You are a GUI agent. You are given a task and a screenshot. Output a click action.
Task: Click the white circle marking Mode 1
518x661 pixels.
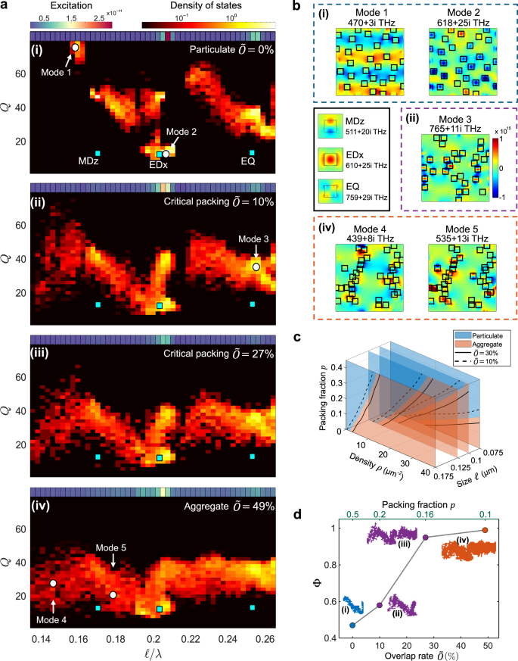coord(75,48)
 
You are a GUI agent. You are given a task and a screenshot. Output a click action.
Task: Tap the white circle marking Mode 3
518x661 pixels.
coord(256,267)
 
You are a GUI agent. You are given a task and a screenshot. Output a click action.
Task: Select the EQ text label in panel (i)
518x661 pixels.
coord(248,161)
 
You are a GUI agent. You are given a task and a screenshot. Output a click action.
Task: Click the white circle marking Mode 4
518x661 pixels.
coord(53,583)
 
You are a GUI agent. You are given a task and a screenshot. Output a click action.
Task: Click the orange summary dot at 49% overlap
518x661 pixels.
coord(485,530)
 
